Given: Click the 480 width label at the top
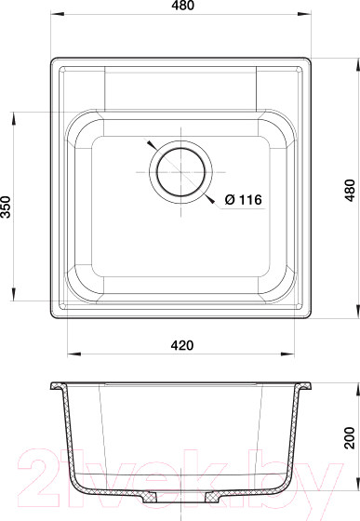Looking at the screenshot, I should click(x=180, y=9).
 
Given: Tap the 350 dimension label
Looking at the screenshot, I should click(x=9, y=207).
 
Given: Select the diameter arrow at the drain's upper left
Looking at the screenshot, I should click(x=151, y=146).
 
